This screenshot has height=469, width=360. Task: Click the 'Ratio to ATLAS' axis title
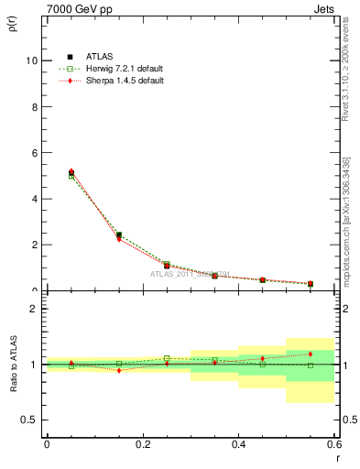[x=14, y=365]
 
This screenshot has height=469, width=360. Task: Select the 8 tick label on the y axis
[x=36, y=106]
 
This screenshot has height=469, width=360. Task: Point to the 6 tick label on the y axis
[x=36, y=152]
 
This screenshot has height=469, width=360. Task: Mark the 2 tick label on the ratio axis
[x=35, y=310]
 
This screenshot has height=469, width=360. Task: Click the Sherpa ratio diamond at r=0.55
[x=311, y=354]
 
